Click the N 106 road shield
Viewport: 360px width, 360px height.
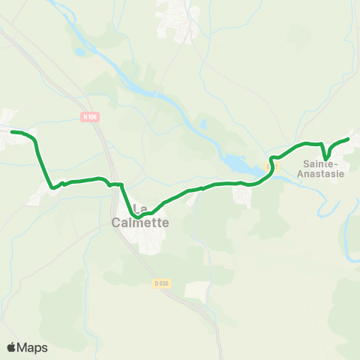91,116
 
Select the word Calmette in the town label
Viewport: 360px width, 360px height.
140,222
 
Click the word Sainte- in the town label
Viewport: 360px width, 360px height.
322,163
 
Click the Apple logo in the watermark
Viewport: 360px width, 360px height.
12,347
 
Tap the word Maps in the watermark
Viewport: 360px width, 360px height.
32,347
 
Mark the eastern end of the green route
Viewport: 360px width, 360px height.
349,138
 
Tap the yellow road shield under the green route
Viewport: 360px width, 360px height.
271,167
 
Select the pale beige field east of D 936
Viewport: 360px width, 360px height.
197,291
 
